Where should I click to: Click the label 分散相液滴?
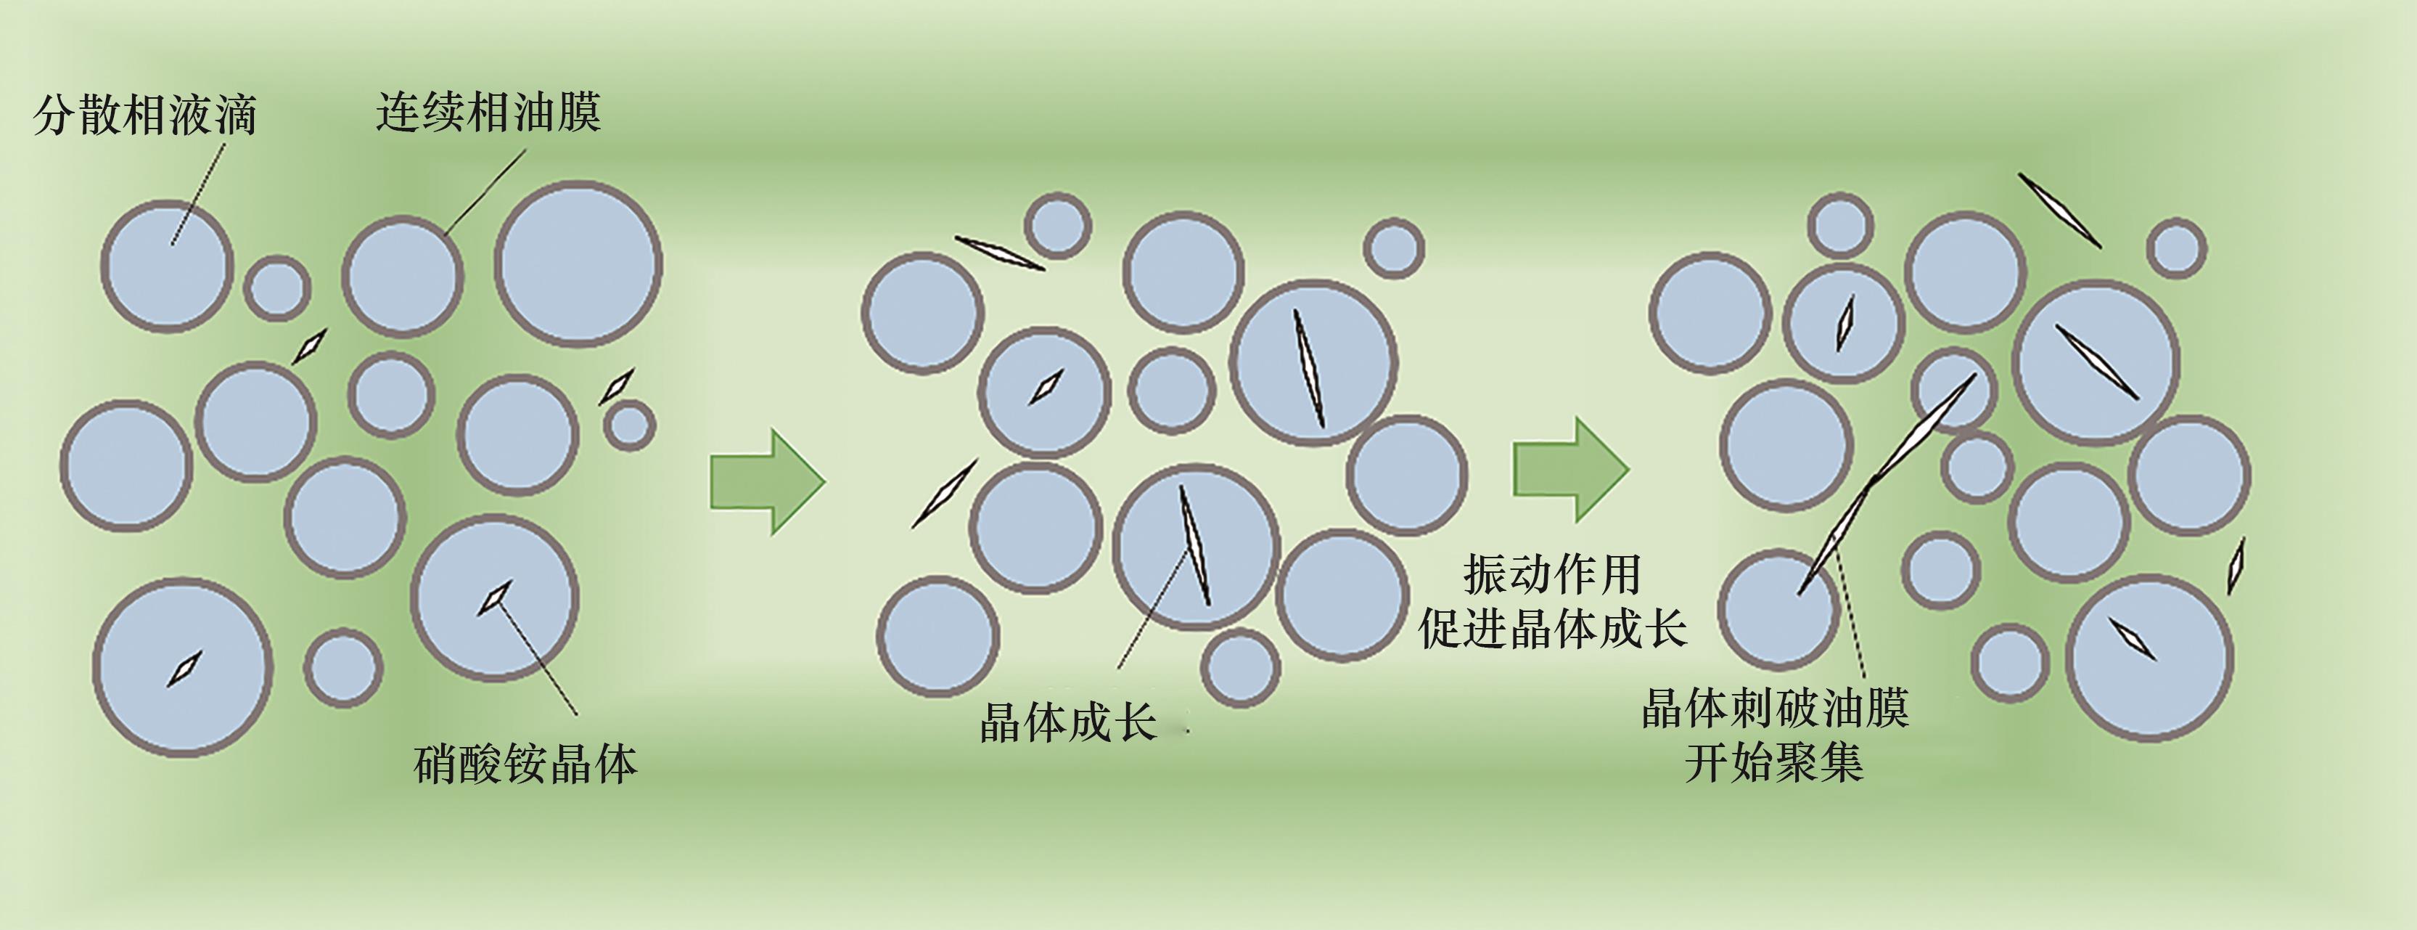click(x=145, y=115)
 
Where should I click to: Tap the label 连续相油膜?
click(x=488, y=113)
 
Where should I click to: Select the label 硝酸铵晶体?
click(x=525, y=764)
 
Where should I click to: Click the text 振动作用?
click(x=1552, y=574)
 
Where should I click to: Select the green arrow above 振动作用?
click(x=1569, y=469)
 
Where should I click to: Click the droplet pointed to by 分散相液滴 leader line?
click(x=167, y=266)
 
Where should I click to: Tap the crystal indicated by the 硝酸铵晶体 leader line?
click(x=494, y=597)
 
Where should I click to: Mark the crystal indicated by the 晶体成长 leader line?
click(x=1194, y=544)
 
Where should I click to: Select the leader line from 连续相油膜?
click(x=483, y=192)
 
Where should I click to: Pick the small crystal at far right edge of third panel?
click(x=2237, y=566)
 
